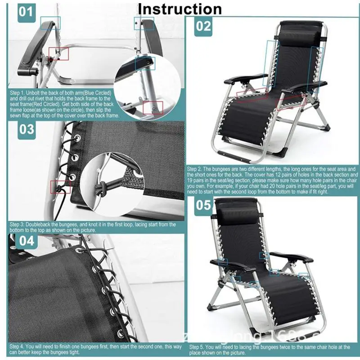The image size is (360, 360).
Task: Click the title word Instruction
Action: click(x=180, y=9)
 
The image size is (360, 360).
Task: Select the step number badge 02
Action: click(x=203, y=26)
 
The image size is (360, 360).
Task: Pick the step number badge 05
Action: click(x=203, y=205)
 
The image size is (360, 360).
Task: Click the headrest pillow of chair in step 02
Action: click(x=299, y=36)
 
